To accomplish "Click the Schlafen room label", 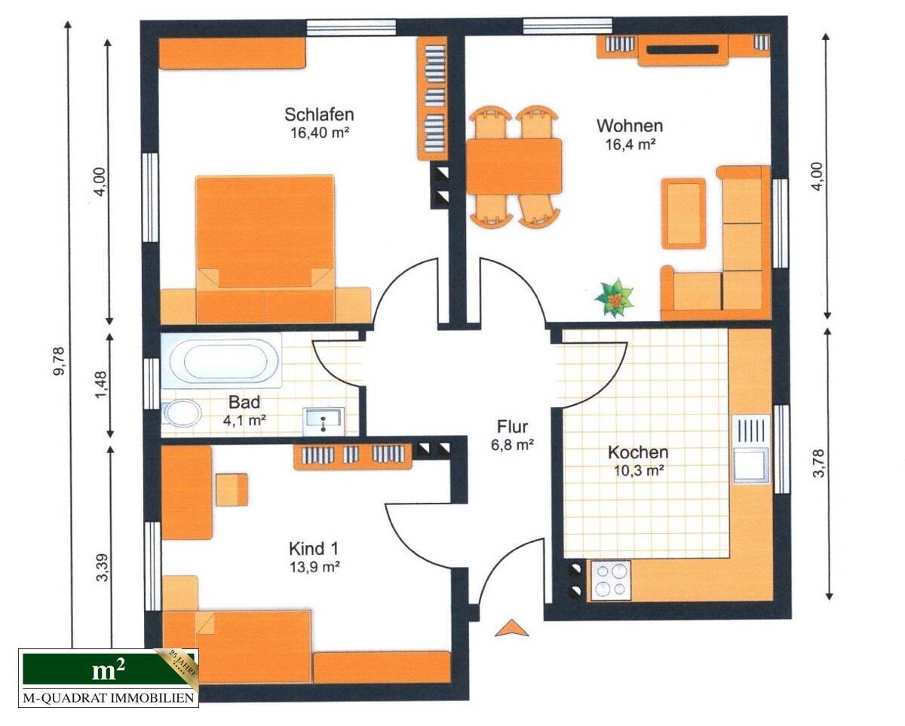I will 319,115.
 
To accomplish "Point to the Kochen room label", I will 638,453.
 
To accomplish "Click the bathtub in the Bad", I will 219,361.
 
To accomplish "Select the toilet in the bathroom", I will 181,413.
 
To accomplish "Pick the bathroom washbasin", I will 324,420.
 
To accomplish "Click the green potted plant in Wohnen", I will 615,298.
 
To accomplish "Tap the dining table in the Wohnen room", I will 514,167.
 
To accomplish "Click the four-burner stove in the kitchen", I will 610,580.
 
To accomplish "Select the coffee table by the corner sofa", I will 683,213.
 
